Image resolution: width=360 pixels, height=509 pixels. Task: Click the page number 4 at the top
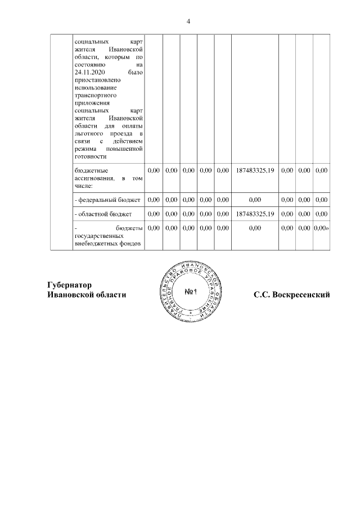pyautogui.click(x=188, y=21)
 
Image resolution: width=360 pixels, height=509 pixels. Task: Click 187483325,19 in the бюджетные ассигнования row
pyautogui.click(x=255, y=170)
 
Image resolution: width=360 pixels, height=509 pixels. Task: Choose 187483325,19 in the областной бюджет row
pyautogui.click(x=255, y=214)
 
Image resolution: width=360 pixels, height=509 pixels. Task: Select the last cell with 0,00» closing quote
pyautogui.click(x=321, y=228)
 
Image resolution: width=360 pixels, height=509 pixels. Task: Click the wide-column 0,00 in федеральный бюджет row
pyautogui.click(x=255, y=200)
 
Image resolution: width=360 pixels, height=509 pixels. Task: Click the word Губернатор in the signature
pyautogui.click(x=70, y=285)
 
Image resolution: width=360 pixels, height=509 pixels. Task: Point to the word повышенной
pyautogui.click(x=127, y=149)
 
